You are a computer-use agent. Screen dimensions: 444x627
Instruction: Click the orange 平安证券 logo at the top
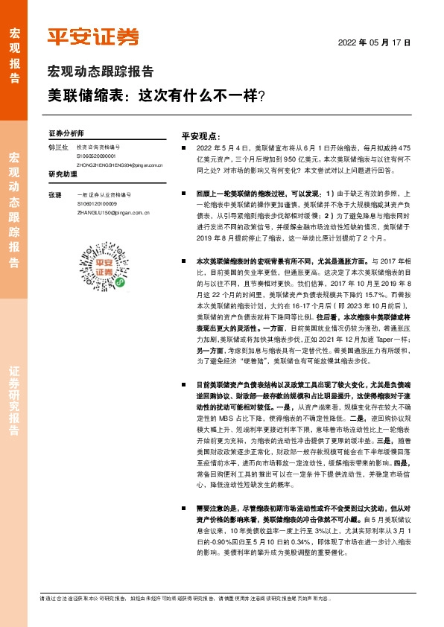pyautogui.click(x=93, y=37)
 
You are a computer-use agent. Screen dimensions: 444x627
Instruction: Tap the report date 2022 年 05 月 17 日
pyautogui.click(x=375, y=42)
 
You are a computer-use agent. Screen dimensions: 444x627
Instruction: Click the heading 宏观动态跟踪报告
pyautogui.click(x=101, y=72)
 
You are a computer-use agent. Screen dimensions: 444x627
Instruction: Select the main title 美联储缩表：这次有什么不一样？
pyautogui.click(x=157, y=96)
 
